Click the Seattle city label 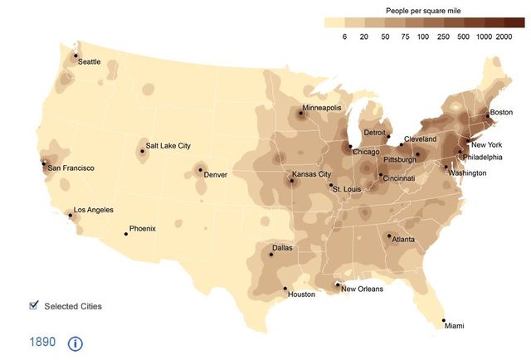90,62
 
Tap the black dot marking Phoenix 126,234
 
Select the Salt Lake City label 168,146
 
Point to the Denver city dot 199,169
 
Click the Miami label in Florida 454,326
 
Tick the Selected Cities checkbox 33,305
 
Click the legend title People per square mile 423,10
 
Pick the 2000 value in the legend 504,38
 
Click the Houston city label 301,294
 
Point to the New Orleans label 363,289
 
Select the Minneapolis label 322,108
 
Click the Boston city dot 488,114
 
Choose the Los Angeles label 94,210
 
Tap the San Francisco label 71,168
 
